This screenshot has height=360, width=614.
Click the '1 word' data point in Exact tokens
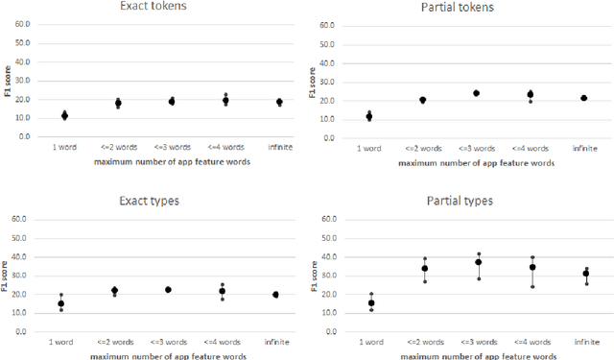64,116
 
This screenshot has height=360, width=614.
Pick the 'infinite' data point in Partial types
585,274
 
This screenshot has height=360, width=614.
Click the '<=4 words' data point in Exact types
223,291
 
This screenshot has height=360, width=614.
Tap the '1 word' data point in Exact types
61,303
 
